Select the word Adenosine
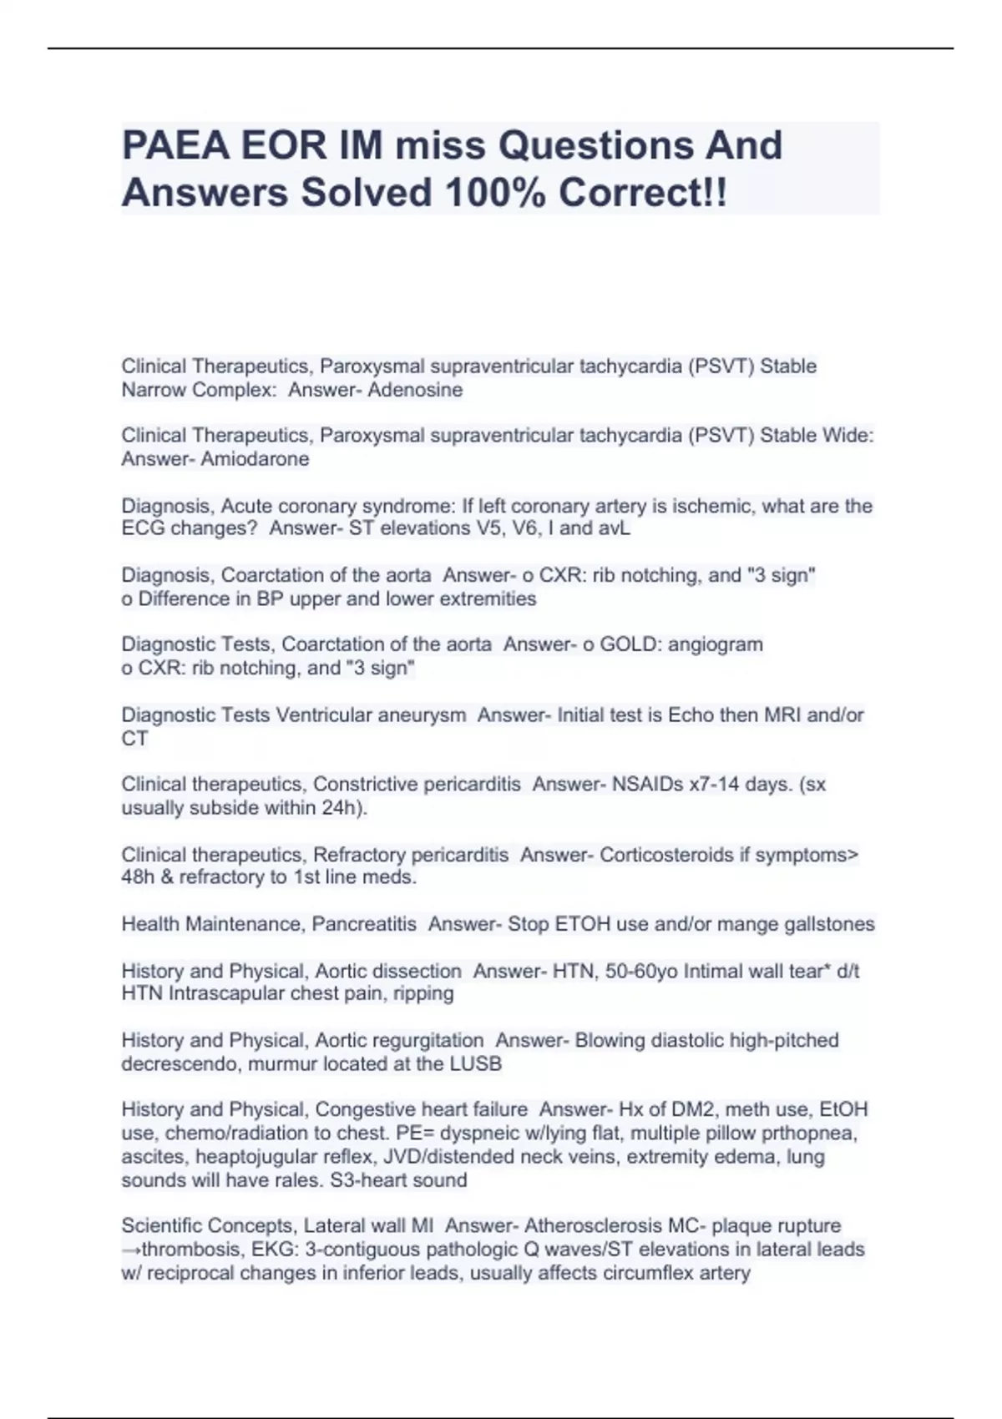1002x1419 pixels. coord(415,390)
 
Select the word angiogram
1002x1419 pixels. coord(715,644)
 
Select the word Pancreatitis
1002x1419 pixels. coord(364,924)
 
